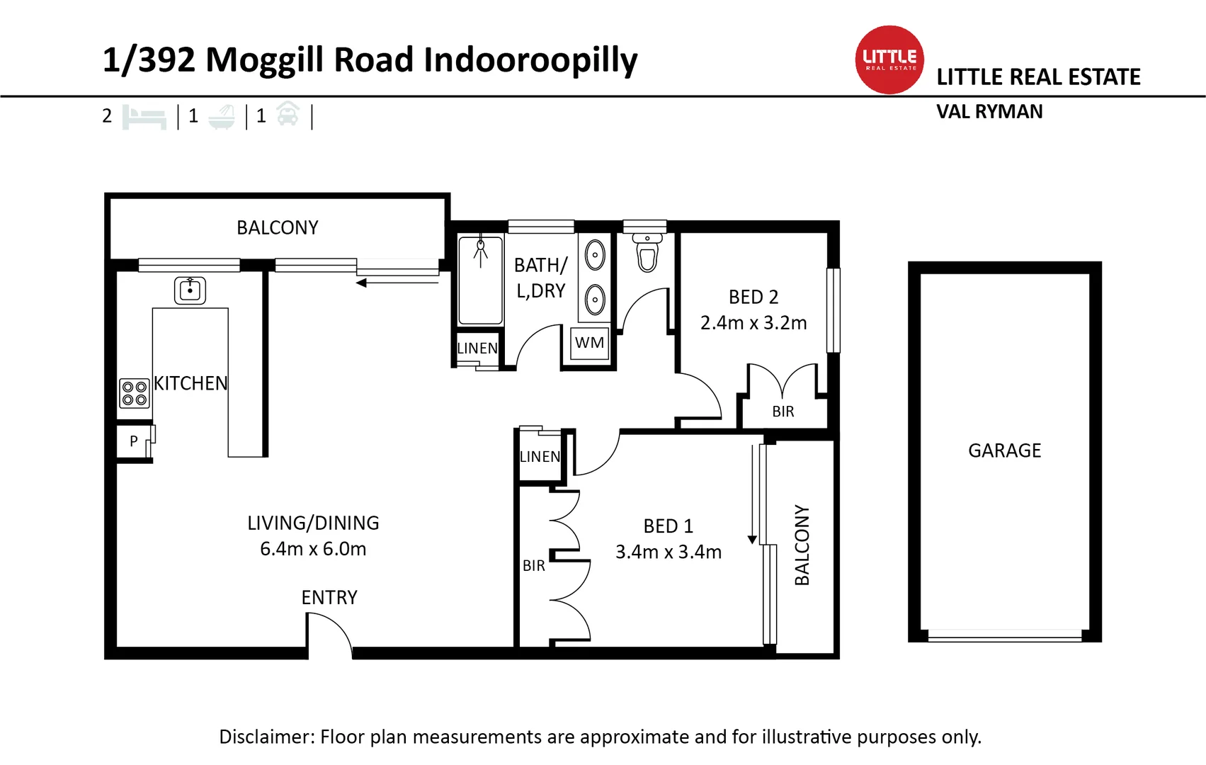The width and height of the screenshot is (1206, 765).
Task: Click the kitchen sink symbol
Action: pyautogui.click(x=190, y=290)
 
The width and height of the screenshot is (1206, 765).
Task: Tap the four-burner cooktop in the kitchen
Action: pyautogui.click(x=134, y=393)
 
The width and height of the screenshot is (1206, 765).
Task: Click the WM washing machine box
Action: pyautogui.click(x=589, y=344)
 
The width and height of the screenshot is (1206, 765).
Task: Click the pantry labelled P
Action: pyautogui.click(x=133, y=441)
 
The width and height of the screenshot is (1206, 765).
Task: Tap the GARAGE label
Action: pyautogui.click(x=1004, y=450)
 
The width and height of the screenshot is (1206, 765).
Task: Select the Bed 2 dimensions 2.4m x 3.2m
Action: pyautogui.click(x=753, y=323)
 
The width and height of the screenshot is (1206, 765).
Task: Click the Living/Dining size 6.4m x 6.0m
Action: pyautogui.click(x=313, y=549)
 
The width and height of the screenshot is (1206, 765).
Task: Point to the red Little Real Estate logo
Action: pyautogui.click(x=889, y=59)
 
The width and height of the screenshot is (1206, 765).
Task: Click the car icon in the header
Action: pyautogui.click(x=288, y=114)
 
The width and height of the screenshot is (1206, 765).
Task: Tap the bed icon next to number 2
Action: pyautogui.click(x=144, y=116)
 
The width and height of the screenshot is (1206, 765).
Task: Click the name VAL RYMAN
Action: pyautogui.click(x=989, y=112)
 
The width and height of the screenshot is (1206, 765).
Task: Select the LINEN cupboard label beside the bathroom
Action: pyautogui.click(x=477, y=348)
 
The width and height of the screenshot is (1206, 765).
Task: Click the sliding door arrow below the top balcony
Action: pyautogui.click(x=397, y=283)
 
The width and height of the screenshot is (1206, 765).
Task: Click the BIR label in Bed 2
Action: pyautogui.click(x=783, y=412)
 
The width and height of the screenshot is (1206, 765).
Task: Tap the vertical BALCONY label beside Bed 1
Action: pyautogui.click(x=802, y=545)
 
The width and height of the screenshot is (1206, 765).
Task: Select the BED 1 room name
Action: pyautogui.click(x=668, y=526)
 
